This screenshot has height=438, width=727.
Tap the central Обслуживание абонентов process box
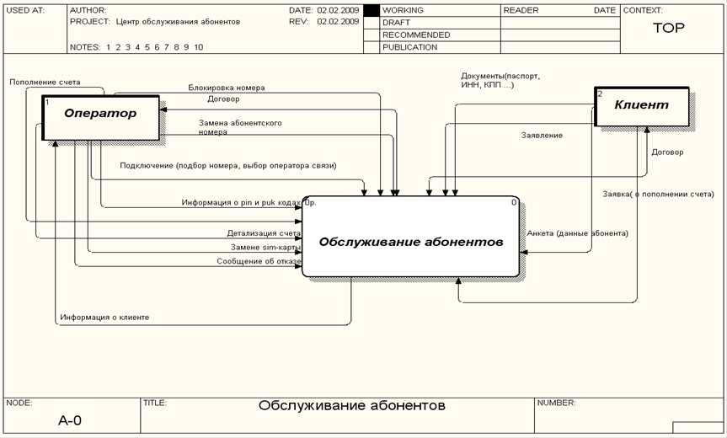click(410, 241)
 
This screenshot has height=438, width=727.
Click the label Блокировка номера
click(227, 88)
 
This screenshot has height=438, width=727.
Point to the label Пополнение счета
click(45, 83)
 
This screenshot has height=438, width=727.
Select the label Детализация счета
click(263, 233)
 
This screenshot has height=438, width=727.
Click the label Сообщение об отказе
click(259, 261)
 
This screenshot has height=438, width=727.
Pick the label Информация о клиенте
click(104, 318)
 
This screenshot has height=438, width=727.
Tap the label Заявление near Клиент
click(541, 135)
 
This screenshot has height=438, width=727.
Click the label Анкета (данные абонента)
click(577, 232)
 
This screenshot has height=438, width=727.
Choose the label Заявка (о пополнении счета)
click(658, 195)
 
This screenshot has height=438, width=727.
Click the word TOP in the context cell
click(669, 28)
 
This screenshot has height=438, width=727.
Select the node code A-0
click(70, 419)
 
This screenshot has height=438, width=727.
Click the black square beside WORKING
click(372, 11)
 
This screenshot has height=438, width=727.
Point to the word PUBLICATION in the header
click(409, 47)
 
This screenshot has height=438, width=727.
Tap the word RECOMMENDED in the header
click(415, 35)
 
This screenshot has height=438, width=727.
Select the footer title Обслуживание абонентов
click(351, 406)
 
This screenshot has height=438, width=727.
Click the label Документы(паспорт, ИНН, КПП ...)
click(500, 81)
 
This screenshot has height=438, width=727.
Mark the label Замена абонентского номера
click(240, 127)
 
